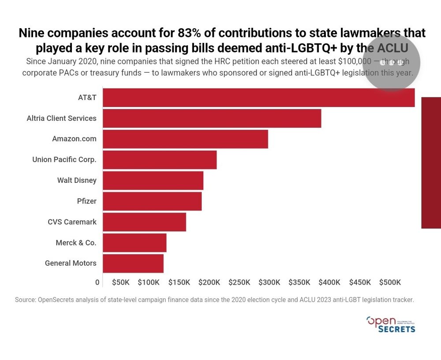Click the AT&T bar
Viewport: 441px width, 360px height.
(258, 97)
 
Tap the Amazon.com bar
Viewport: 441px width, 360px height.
(185, 139)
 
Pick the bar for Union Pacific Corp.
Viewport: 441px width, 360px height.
(160, 160)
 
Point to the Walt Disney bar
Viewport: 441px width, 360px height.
(153, 180)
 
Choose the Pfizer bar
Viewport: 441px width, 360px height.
(152, 201)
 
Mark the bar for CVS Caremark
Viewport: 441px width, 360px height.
(144, 222)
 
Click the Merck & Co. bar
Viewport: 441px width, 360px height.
(135, 243)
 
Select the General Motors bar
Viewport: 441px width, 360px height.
(133, 264)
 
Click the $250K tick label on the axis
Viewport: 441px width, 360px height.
(239, 282)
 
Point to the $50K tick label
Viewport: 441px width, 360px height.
(120, 282)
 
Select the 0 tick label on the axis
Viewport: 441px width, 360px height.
(97, 282)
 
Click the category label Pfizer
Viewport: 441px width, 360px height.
(86, 201)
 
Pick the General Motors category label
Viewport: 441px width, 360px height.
(71, 264)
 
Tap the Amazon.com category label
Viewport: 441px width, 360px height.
(74, 139)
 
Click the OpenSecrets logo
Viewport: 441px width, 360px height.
(391, 324)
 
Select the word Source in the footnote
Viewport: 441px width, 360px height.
(25, 300)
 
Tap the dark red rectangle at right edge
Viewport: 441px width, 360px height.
(431, 163)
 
